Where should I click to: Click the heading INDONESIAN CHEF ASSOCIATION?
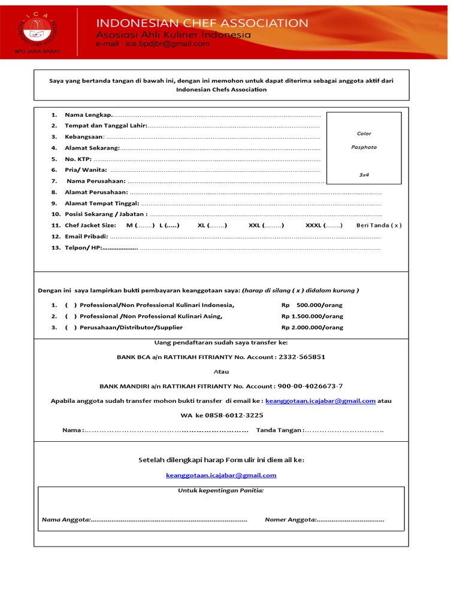click(202, 23)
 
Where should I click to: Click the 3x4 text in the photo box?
click(364, 175)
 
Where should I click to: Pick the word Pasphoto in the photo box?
click(364, 147)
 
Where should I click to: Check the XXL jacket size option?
click(266, 225)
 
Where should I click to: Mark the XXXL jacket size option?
click(324, 225)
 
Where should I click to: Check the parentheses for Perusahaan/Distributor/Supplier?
click(71, 327)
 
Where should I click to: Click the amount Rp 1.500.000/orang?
click(312, 316)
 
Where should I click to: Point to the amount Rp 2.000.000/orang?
click(312, 327)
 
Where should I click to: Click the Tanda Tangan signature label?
click(280, 430)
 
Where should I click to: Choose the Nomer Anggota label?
click(290, 519)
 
